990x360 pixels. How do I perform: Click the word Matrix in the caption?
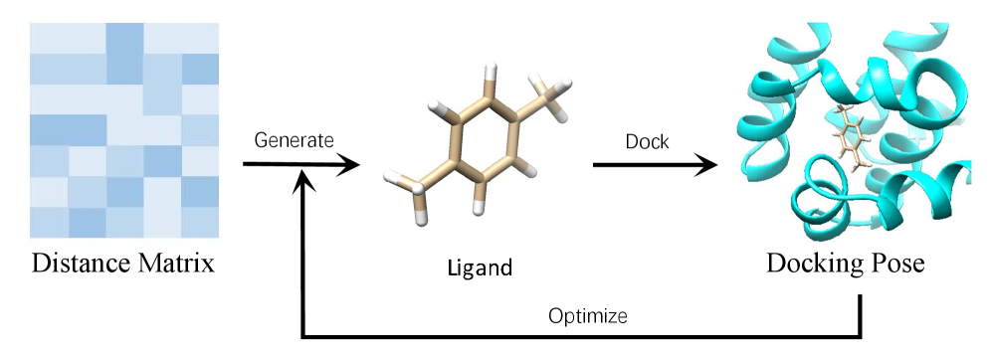tap(179, 266)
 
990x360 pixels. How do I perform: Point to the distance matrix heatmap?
tap(123, 129)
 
